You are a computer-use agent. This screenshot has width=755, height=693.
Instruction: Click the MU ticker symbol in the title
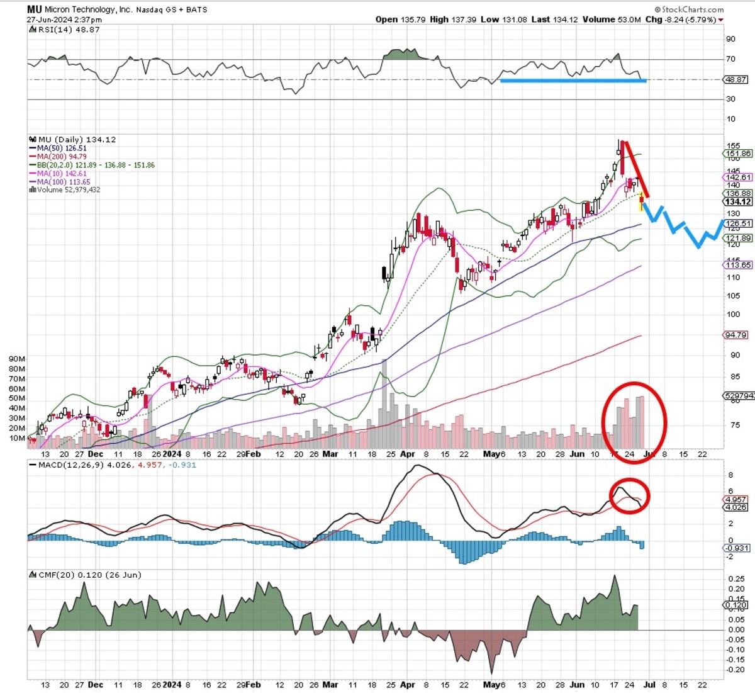point(34,9)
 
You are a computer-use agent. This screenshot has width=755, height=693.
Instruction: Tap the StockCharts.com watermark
point(689,9)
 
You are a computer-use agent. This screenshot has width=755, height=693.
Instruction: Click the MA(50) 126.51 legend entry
point(62,149)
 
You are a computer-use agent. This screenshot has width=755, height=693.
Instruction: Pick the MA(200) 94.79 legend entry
point(62,157)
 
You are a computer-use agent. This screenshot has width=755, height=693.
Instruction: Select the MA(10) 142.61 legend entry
point(62,174)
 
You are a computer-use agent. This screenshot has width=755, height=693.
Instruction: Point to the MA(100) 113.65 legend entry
point(63,182)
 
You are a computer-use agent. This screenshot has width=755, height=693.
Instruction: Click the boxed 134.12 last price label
point(737,201)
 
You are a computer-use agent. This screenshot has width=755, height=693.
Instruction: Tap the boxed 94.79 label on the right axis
point(736,335)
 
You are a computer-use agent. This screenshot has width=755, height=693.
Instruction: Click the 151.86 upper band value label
point(738,154)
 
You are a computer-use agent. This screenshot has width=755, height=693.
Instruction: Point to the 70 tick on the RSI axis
point(730,59)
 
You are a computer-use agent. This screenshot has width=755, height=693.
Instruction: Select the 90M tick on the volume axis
point(17,359)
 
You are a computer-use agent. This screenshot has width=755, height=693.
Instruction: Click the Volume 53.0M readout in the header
point(612,20)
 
